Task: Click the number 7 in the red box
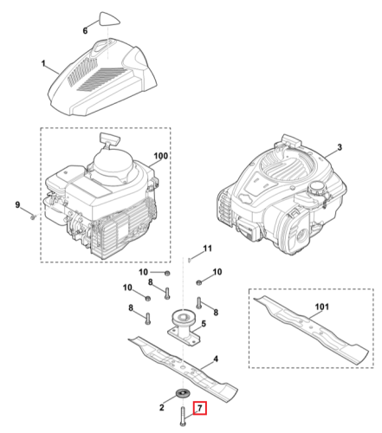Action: pos(200,409)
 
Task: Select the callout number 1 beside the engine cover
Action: pos(43,63)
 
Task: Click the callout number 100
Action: pos(161,156)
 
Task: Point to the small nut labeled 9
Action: pos(33,216)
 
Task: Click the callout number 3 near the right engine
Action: pos(340,147)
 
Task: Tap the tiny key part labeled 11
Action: pos(189,260)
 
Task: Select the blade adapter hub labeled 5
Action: pos(184,327)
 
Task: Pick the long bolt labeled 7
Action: pos(183,416)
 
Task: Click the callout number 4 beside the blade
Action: pos(216,359)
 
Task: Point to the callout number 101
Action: pos(321,307)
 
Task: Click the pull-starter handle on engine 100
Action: pos(109,139)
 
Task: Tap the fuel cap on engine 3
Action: pos(316,188)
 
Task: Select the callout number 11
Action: pos(208,249)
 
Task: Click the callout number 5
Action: pos(204,324)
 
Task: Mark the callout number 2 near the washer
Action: pos(162,407)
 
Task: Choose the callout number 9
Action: pos(17,205)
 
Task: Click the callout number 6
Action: pos(85,30)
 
